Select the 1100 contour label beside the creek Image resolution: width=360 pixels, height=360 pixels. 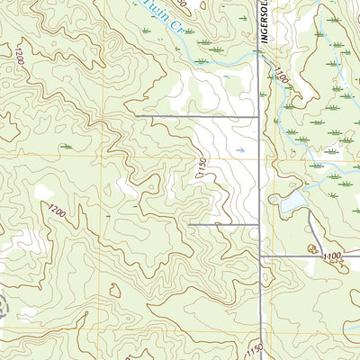click(x=282, y=78)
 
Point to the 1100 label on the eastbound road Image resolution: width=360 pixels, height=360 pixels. click(x=331, y=257)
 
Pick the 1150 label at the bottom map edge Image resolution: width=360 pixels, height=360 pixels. click(x=255, y=348)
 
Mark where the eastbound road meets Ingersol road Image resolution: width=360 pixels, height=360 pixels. click(x=260, y=256)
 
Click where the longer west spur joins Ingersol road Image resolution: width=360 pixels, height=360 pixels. click(x=259, y=116)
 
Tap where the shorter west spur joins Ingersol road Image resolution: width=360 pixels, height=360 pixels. click(x=259, y=223)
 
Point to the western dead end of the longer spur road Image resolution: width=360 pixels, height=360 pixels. click(x=135, y=116)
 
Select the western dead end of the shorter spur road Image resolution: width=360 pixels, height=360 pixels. click(x=189, y=223)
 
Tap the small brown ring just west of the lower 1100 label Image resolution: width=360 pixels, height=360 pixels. click(x=312, y=248)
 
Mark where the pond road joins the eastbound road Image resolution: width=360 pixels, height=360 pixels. click(x=310, y=256)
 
